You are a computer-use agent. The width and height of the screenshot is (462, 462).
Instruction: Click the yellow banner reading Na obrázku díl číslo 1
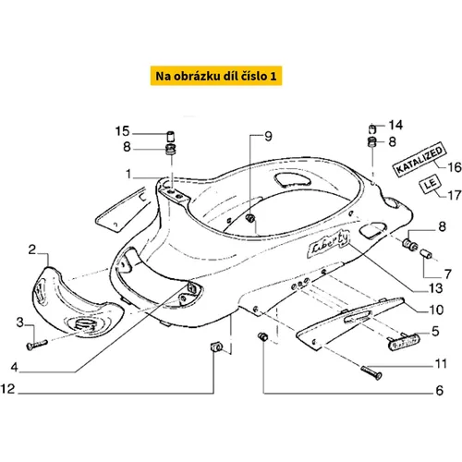[x=216, y=76]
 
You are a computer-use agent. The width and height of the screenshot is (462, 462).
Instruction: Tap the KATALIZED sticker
[x=419, y=160]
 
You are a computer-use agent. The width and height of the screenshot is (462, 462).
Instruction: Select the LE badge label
[x=431, y=185]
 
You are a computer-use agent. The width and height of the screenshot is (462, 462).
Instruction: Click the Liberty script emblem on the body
[x=328, y=244]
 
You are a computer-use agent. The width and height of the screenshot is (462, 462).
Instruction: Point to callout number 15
[x=122, y=131]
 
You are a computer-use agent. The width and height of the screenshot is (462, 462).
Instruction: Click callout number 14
[x=395, y=125]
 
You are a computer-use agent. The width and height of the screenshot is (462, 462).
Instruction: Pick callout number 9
[x=268, y=137]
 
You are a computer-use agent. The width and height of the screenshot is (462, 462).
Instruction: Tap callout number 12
[x=7, y=389]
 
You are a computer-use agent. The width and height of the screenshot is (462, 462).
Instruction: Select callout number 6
[x=439, y=391]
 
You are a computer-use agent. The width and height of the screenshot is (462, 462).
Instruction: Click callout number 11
[x=441, y=364]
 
